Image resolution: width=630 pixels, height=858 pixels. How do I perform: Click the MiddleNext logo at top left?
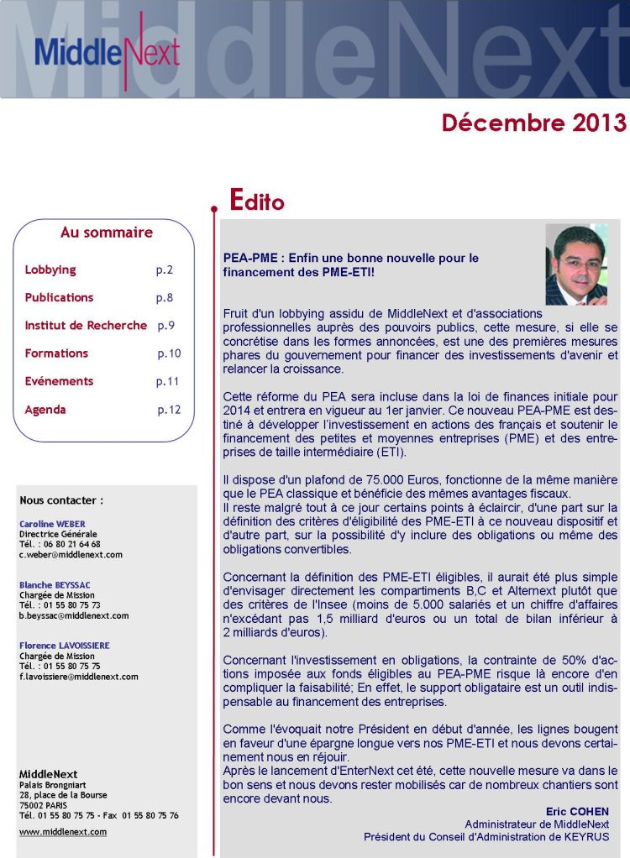(x=107, y=52)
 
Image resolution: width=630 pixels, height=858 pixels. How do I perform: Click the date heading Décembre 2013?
(x=533, y=123)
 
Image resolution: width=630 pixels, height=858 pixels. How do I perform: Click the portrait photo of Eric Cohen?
(x=576, y=264)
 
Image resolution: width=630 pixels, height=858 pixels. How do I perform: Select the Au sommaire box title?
(x=107, y=233)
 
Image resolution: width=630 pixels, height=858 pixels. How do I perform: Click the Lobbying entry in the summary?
(x=50, y=269)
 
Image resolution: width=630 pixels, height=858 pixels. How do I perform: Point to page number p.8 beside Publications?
(x=165, y=297)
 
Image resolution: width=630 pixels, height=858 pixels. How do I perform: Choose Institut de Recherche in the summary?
(x=86, y=325)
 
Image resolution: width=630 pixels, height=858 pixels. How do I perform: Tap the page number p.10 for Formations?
(x=169, y=353)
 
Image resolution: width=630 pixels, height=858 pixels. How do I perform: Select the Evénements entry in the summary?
(x=59, y=381)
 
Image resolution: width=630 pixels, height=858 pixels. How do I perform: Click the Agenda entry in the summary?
(x=45, y=410)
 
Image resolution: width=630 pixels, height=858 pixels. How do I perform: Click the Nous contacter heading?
(x=61, y=500)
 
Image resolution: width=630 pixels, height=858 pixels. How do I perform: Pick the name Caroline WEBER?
(x=52, y=523)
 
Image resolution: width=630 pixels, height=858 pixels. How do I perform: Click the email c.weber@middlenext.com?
(x=71, y=555)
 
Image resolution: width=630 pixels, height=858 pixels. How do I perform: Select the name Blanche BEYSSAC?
(x=55, y=584)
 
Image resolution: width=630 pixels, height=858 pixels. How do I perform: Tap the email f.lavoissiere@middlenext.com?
(x=79, y=676)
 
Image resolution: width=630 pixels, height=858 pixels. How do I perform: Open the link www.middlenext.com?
(x=62, y=832)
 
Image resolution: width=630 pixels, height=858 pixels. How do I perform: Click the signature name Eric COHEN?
(x=577, y=812)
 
